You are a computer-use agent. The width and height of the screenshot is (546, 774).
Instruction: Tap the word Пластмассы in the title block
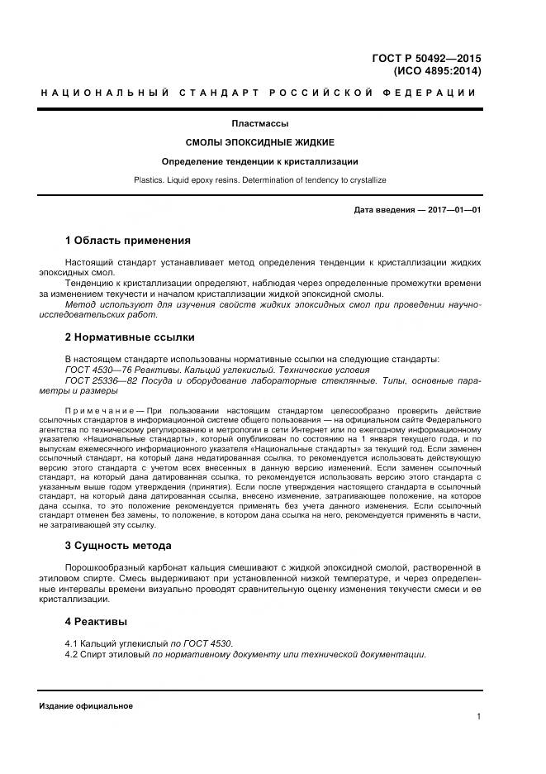click(259, 124)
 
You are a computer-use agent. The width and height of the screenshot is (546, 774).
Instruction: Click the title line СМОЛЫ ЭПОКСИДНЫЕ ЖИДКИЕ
click(259, 143)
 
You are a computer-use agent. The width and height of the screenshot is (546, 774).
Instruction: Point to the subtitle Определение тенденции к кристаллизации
click(259, 161)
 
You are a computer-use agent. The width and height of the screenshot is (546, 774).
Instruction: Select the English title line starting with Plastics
click(259, 179)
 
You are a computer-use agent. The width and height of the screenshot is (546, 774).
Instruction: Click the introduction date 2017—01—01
click(451, 210)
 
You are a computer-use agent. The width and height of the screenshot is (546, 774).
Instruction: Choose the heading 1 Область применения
click(127, 241)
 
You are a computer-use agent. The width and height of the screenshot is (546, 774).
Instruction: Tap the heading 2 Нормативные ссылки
click(130, 337)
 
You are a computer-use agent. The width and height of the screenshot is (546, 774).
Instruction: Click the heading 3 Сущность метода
click(118, 546)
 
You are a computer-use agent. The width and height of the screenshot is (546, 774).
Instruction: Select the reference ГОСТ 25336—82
click(97, 380)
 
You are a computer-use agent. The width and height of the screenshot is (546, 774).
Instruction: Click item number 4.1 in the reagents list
click(71, 643)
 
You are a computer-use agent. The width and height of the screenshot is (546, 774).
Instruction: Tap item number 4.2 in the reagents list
click(71, 654)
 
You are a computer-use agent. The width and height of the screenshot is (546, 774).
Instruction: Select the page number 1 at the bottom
click(478, 717)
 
